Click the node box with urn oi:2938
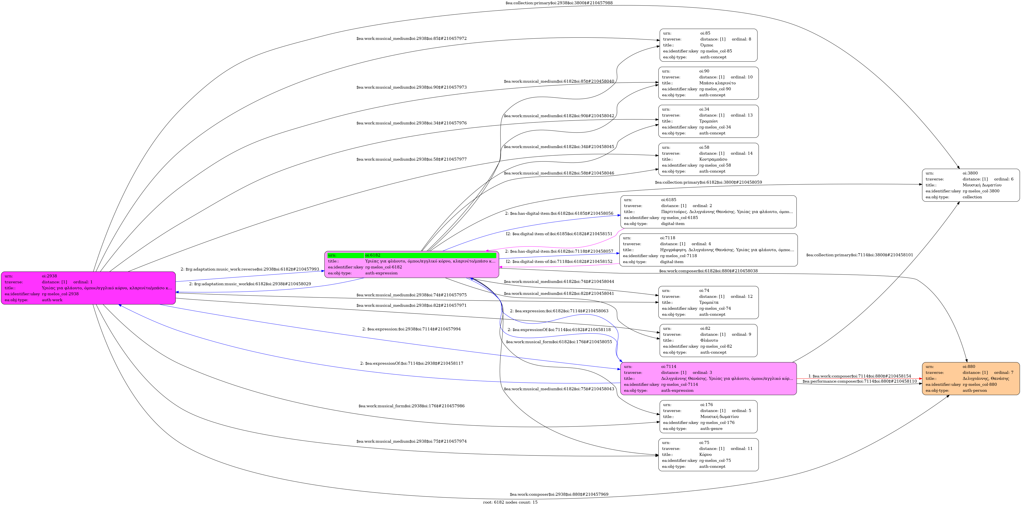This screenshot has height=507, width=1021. [x=88, y=288]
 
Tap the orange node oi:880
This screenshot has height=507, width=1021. [x=970, y=379]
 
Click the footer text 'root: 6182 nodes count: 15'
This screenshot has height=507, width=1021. [x=510, y=502]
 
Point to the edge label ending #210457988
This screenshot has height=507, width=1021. [x=559, y=3]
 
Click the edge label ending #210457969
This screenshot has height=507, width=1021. [x=559, y=494]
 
